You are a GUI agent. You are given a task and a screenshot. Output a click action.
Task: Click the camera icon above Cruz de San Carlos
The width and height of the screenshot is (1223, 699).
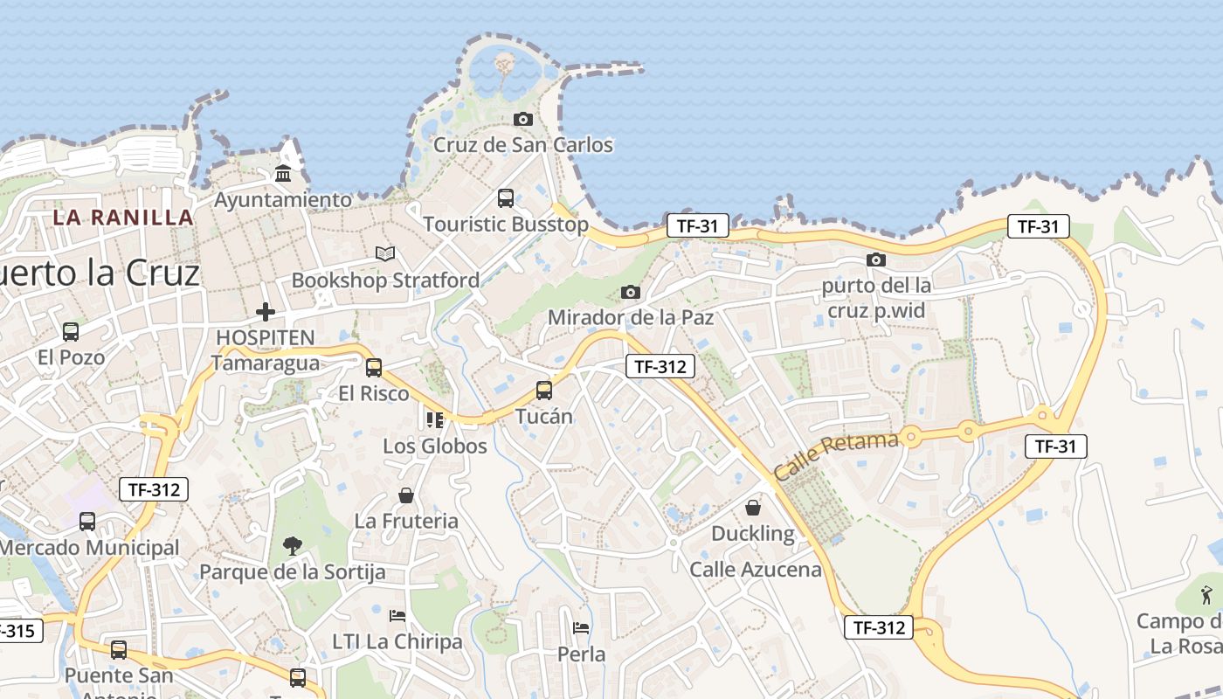pyautogui.click(x=523, y=119)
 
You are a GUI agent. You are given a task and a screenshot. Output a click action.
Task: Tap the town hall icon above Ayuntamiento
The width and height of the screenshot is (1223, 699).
pyautogui.click(x=283, y=174)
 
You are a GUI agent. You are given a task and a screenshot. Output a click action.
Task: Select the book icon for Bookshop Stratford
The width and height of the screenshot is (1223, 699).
pyautogui.click(x=385, y=254)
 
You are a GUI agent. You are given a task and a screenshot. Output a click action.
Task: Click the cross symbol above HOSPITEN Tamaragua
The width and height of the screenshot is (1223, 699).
pyautogui.click(x=266, y=311)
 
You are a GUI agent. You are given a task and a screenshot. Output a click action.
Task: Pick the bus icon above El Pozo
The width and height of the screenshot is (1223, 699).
pyautogui.click(x=71, y=332)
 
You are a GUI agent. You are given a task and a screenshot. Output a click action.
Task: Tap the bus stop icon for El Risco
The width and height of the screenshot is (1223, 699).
pyautogui.click(x=374, y=368)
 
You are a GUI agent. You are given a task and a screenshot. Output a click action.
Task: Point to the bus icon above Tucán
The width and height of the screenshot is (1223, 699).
pyautogui.click(x=544, y=391)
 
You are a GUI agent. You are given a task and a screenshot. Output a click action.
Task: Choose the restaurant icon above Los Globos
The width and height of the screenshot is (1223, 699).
pyautogui.click(x=435, y=420)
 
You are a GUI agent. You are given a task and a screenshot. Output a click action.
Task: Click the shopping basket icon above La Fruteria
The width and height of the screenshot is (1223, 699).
pyautogui.click(x=406, y=495)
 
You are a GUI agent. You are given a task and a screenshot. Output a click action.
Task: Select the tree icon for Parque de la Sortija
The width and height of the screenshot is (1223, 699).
pyautogui.click(x=293, y=546)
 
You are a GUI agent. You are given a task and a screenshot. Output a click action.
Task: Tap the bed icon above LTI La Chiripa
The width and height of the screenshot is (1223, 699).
pyautogui.click(x=397, y=616)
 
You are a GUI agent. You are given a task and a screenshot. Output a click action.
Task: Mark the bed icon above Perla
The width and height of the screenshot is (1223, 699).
pyautogui.click(x=581, y=628)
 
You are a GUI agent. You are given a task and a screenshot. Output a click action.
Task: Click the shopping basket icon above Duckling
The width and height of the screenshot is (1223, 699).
pyautogui.click(x=753, y=508)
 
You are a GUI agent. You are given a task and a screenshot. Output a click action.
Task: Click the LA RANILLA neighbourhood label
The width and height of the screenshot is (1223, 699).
pyautogui.click(x=123, y=218)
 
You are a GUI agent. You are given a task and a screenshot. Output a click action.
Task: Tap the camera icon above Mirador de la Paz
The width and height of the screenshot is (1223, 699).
pyautogui.click(x=630, y=292)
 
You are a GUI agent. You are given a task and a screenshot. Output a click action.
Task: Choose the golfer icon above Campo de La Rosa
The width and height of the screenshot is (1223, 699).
pyautogui.click(x=1206, y=596)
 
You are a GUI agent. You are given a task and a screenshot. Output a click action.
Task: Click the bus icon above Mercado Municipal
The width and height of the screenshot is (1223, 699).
pyautogui.click(x=87, y=522)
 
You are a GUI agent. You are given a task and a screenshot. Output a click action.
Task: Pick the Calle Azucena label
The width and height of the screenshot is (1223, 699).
pyautogui.click(x=756, y=570)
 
